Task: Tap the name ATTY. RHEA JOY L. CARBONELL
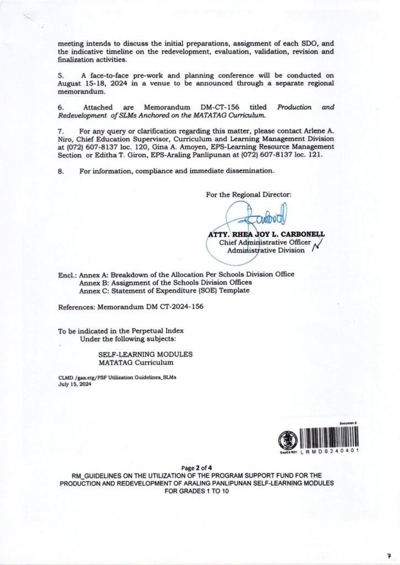click(266, 233)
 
